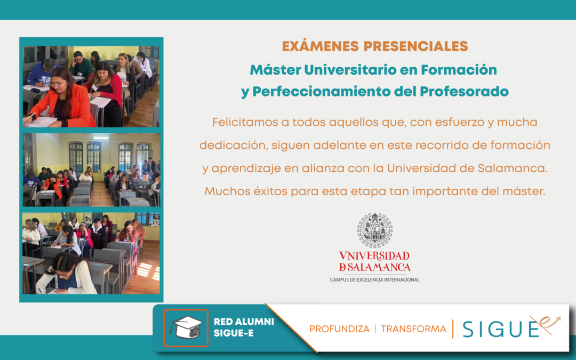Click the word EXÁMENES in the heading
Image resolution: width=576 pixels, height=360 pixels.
(321, 46)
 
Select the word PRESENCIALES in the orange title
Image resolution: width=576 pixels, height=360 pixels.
(416, 46)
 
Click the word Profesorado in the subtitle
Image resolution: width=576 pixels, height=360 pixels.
(465, 92)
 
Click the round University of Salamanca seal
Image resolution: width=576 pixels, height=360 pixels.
(375, 230)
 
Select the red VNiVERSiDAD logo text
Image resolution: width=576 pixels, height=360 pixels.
(374, 255)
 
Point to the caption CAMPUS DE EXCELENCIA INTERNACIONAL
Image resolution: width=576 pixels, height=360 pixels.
(375, 279)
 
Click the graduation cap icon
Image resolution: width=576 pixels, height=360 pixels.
(186, 327)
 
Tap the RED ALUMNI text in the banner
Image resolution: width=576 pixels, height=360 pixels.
(244, 322)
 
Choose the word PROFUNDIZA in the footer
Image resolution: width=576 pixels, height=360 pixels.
(339, 329)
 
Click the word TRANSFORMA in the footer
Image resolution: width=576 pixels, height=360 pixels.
(413, 329)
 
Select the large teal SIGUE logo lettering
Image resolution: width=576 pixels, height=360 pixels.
(500, 329)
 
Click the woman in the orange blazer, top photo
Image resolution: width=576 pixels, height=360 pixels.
(63, 99)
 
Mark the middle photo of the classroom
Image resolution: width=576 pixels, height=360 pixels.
(92, 170)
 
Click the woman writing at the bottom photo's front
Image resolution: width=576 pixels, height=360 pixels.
(67, 275)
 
